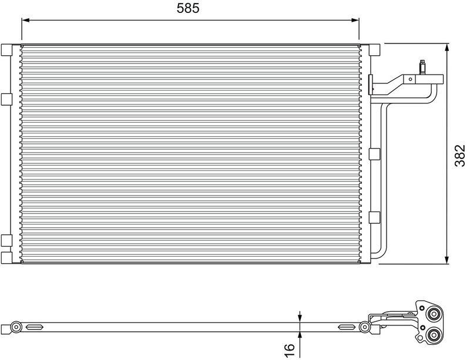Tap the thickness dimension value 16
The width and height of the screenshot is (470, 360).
click(289, 348)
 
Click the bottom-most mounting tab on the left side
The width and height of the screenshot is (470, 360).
click(6, 258)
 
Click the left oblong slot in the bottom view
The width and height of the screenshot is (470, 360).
click(33, 327)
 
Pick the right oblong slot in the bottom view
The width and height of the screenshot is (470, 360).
click(347, 327)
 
